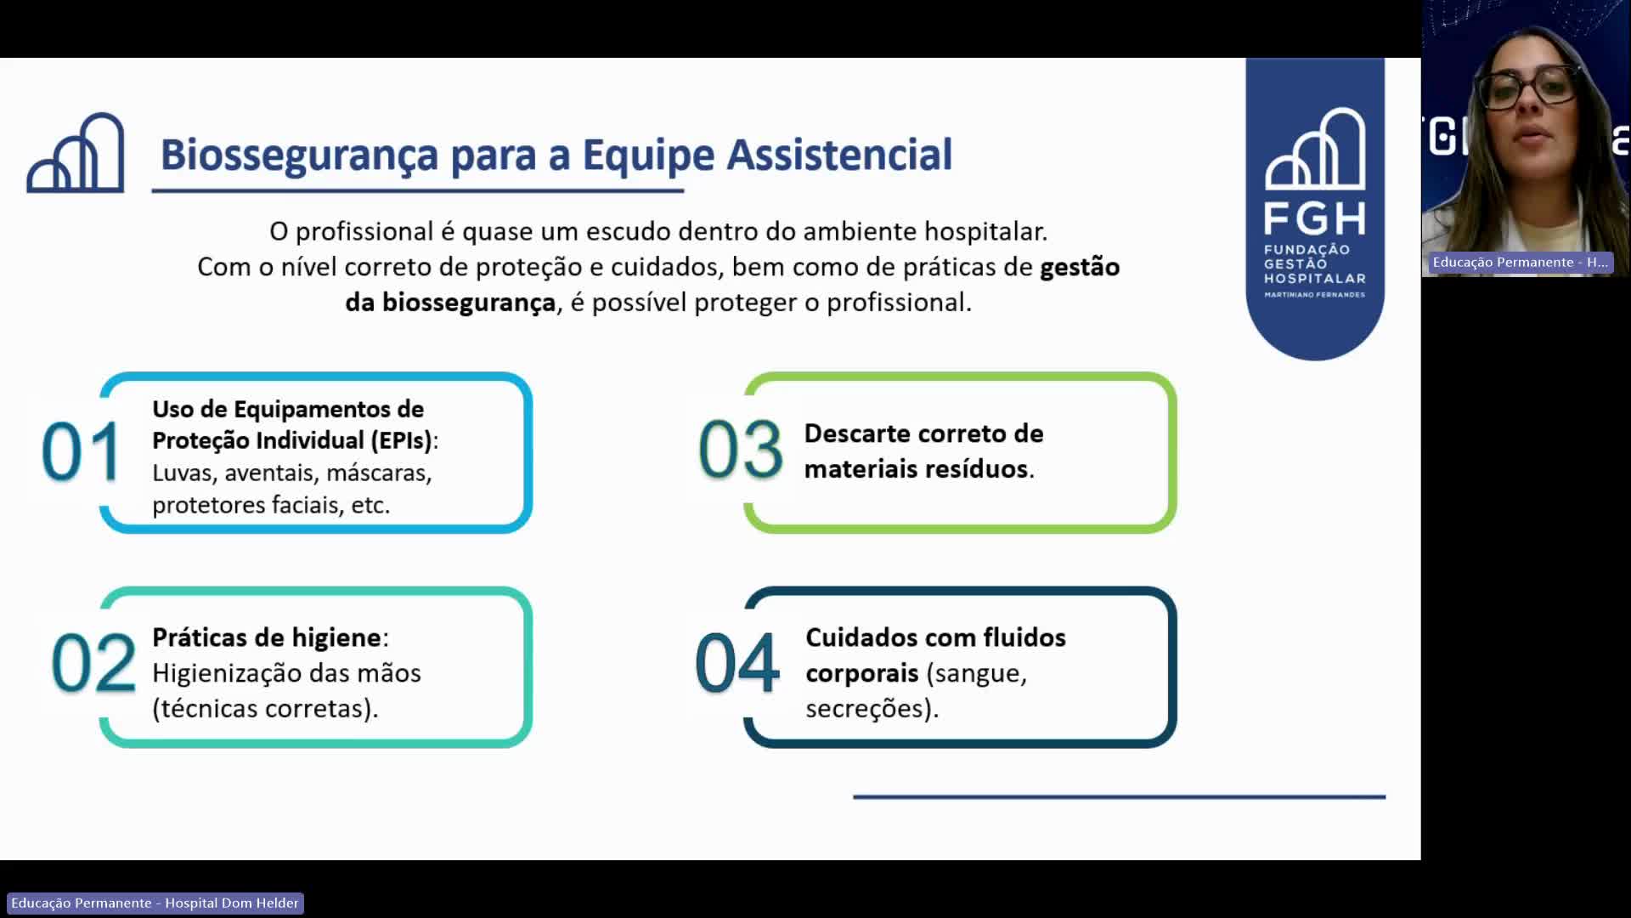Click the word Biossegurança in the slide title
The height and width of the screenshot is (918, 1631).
tap(299, 156)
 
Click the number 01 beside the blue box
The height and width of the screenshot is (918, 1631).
tap(81, 452)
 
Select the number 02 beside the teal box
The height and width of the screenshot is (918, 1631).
tap(93, 663)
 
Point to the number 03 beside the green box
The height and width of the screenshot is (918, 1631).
tap(740, 450)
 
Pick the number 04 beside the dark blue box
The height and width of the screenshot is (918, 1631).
tap(736, 663)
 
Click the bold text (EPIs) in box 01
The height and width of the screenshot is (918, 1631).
tap(401, 440)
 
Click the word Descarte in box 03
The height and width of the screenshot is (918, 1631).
tap(858, 433)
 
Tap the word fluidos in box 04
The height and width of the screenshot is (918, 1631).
tap(1024, 637)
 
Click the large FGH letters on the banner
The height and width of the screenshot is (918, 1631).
tap(1314, 218)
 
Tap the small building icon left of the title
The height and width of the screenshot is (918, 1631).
tap(76, 154)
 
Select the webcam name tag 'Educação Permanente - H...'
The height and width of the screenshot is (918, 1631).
tap(1519, 263)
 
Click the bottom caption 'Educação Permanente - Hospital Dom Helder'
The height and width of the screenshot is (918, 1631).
tap(155, 903)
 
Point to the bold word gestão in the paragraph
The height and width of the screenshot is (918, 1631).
tap(1080, 267)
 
